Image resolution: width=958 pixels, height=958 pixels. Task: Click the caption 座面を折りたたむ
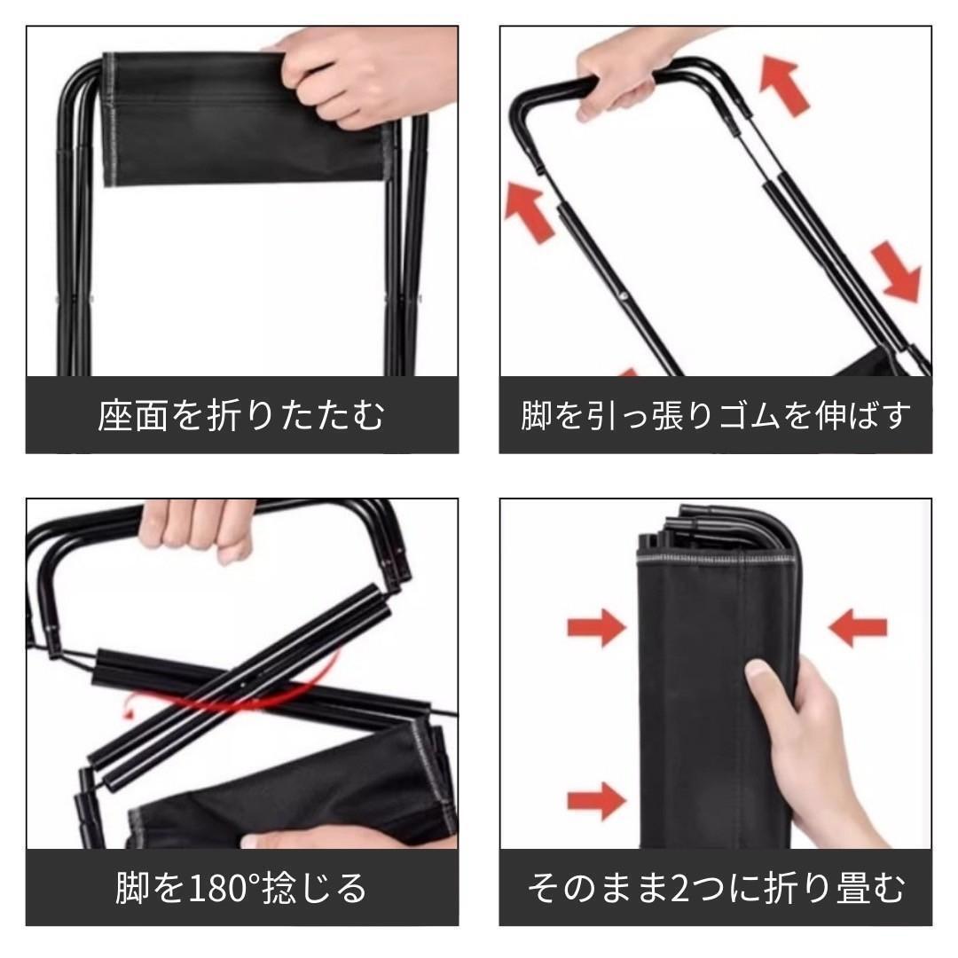pyautogui.click(x=241, y=415)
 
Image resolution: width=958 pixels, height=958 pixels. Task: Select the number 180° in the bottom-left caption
pyautogui.click(x=224, y=888)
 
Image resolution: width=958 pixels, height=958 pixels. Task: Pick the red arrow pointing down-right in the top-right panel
pyautogui.click(x=897, y=271)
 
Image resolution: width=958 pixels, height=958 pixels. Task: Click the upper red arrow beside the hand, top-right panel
pyautogui.click(x=784, y=85)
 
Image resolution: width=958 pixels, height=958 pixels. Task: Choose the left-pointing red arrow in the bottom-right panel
pyautogui.click(x=858, y=627)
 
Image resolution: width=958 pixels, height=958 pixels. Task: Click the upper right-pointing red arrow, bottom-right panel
pyautogui.click(x=597, y=627)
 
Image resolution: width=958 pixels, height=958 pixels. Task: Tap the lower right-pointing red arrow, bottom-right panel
pyautogui.click(x=597, y=800)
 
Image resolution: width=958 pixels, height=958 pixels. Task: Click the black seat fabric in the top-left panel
pyautogui.click(x=245, y=119)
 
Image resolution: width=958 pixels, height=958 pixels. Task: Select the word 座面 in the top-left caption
pyautogui.click(x=133, y=415)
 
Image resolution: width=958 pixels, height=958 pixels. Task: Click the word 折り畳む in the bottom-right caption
pyautogui.click(x=834, y=888)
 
